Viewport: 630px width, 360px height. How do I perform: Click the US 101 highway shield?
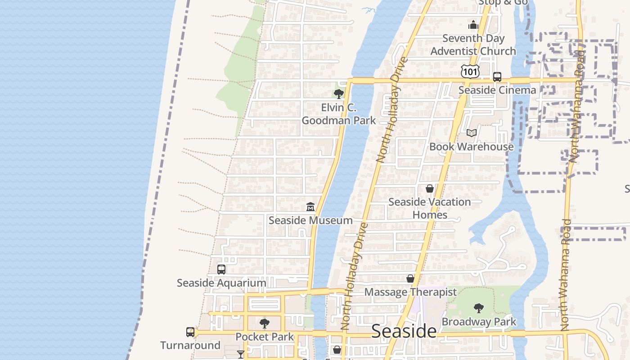click(x=470, y=71)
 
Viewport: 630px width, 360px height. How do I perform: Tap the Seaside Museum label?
click(x=310, y=220)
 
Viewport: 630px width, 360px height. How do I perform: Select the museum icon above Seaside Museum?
click(x=310, y=207)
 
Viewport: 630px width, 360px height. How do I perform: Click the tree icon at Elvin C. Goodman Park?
click(x=338, y=94)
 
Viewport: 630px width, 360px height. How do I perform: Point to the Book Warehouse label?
click(x=471, y=146)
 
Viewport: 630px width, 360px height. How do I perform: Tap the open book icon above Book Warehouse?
click(x=471, y=133)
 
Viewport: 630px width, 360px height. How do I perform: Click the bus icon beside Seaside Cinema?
click(x=497, y=77)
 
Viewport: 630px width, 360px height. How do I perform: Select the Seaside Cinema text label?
click(x=497, y=90)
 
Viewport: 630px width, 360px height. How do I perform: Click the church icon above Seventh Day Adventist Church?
click(x=473, y=24)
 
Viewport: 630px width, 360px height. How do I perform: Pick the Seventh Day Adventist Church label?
click(x=473, y=45)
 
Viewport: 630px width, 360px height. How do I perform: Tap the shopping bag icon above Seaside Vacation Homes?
click(x=430, y=189)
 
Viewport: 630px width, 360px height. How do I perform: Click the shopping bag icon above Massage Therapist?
click(x=410, y=279)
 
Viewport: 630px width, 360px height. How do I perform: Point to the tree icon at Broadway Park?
click(x=479, y=308)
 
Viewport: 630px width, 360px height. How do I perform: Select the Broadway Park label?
click(x=479, y=322)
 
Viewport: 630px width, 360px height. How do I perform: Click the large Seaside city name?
click(x=404, y=331)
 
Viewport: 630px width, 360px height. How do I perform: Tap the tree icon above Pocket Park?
click(x=265, y=323)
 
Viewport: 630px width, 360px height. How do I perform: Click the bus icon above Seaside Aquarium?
click(x=221, y=270)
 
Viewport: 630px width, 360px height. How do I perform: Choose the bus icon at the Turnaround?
click(x=190, y=332)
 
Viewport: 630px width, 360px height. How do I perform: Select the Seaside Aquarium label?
click(x=221, y=283)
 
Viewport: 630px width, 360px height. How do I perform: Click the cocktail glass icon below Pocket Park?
click(x=241, y=355)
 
